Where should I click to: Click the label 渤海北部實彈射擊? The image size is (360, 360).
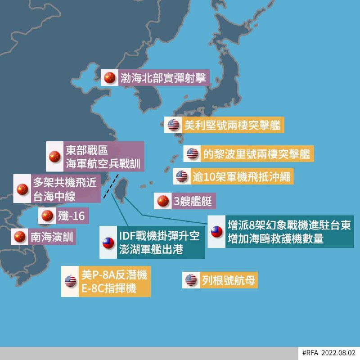point(162,77)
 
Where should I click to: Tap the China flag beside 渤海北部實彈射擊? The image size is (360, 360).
point(109,77)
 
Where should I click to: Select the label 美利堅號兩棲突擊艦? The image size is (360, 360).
point(233,125)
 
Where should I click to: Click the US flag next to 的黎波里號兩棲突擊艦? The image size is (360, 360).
point(193,154)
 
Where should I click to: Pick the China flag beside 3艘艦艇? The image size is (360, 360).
point(162,201)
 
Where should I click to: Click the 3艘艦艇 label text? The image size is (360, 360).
point(193,201)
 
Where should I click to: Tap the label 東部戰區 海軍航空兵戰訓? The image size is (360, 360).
point(103,157)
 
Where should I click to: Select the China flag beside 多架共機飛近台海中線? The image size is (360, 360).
point(22,189)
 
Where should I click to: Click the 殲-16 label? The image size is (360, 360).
point(71,216)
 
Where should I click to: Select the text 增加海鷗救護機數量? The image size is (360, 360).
point(275,239)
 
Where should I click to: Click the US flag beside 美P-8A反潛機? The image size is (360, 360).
point(70,281)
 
